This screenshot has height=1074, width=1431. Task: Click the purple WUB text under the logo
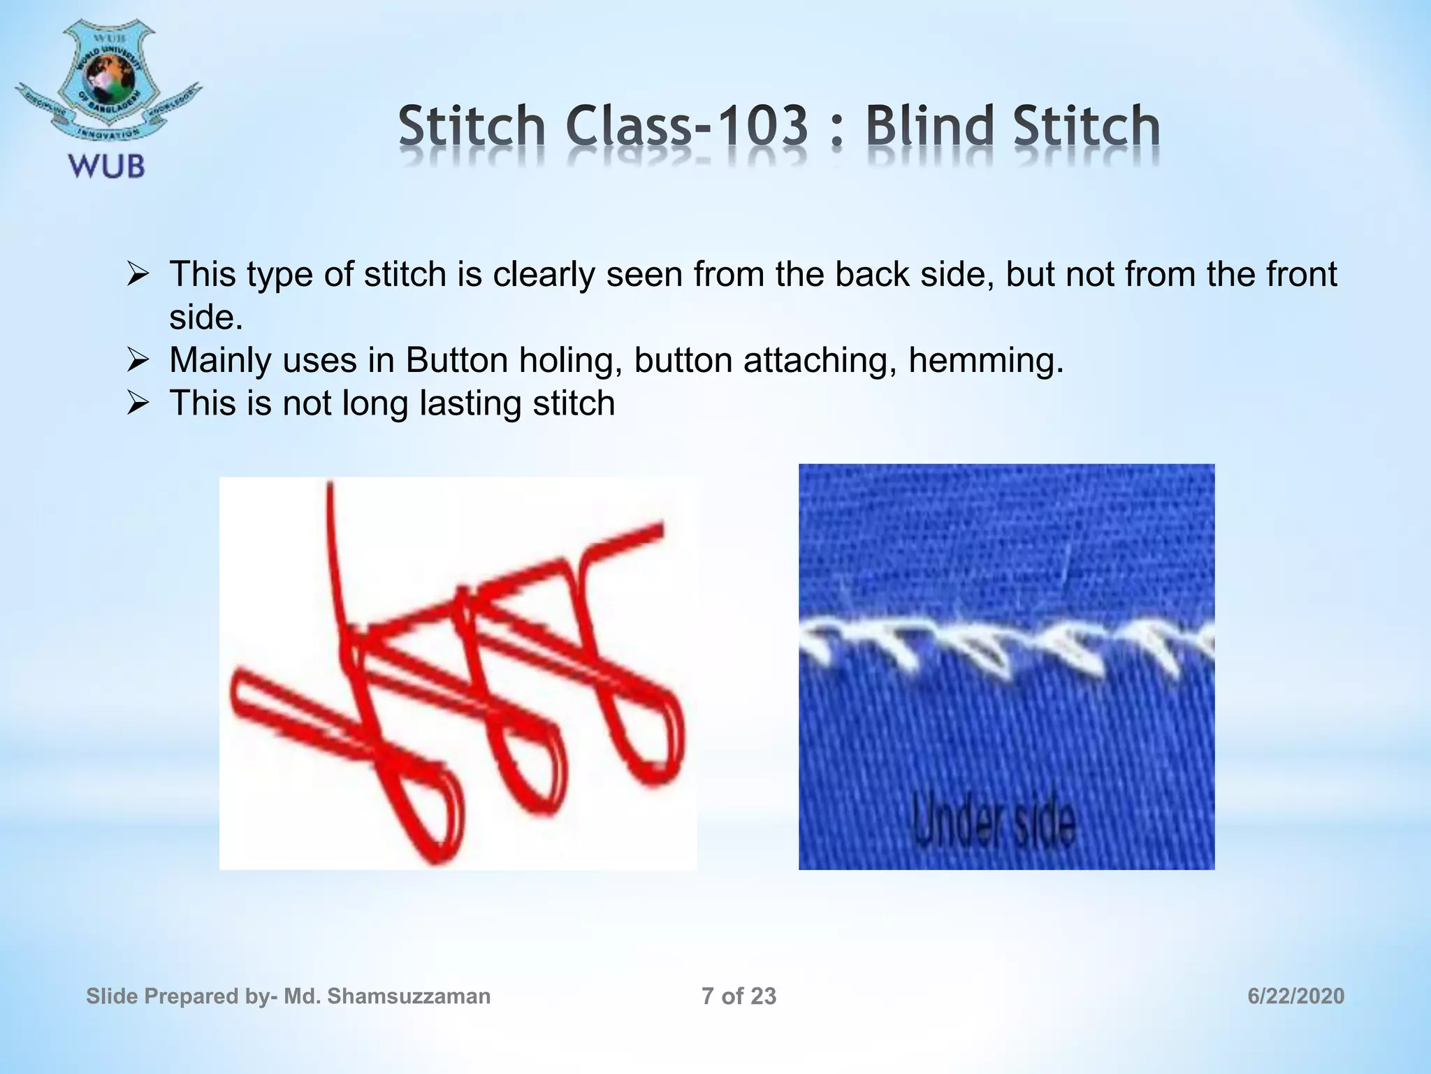(106, 166)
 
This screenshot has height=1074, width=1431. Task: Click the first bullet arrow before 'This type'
(138, 275)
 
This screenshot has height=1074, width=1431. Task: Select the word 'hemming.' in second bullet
(985, 361)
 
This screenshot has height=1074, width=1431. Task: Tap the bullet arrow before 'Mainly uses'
(138, 361)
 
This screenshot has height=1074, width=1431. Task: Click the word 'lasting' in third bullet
(470, 404)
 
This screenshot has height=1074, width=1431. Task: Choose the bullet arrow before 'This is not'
(138, 404)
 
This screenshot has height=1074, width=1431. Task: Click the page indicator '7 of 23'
(739, 996)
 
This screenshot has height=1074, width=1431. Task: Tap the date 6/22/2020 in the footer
(1295, 996)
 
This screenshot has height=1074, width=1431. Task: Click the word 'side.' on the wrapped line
(206, 318)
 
